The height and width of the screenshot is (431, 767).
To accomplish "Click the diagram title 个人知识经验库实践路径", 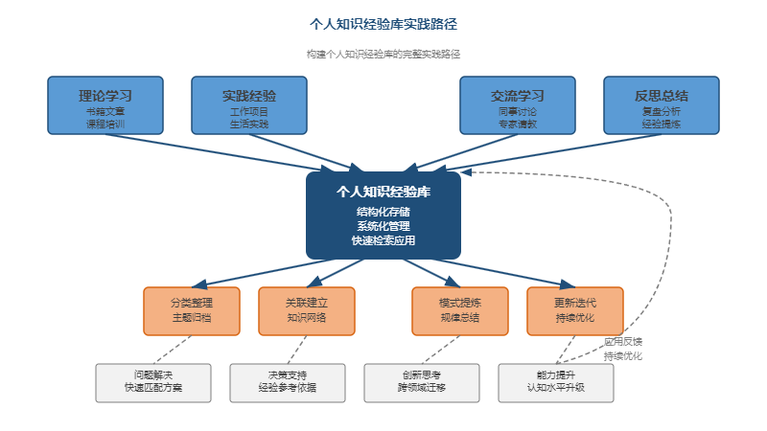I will [x=383, y=23].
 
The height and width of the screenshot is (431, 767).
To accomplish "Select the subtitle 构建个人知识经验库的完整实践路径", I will [x=383, y=55].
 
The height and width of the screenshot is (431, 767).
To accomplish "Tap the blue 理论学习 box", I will [x=105, y=105].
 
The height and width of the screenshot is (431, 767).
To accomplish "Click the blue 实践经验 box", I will [x=249, y=105].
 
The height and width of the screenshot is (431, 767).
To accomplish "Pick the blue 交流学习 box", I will [x=518, y=105].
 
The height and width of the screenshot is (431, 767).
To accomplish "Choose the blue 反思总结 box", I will [x=662, y=105].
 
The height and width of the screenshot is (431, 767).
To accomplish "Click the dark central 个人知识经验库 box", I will [x=383, y=215].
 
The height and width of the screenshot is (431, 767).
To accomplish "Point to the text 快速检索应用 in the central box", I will [x=383, y=241].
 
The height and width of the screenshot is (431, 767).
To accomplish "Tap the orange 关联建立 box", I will [x=307, y=310].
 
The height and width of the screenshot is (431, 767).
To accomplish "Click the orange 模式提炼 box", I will [x=460, y=310].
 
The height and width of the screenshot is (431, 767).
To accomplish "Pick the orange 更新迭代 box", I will [x=575, y=310].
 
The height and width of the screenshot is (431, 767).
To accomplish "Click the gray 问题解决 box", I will [x=153, y=382].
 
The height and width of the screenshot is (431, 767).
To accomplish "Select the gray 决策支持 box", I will [x=288, y=382].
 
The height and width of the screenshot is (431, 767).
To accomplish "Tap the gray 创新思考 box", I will [x=422, y=382].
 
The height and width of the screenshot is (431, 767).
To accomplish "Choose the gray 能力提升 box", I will [x=556, y=382].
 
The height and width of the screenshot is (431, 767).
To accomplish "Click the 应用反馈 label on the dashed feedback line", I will [x=623, y=341].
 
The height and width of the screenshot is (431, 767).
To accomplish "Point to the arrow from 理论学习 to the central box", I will [x=230, y=153].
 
